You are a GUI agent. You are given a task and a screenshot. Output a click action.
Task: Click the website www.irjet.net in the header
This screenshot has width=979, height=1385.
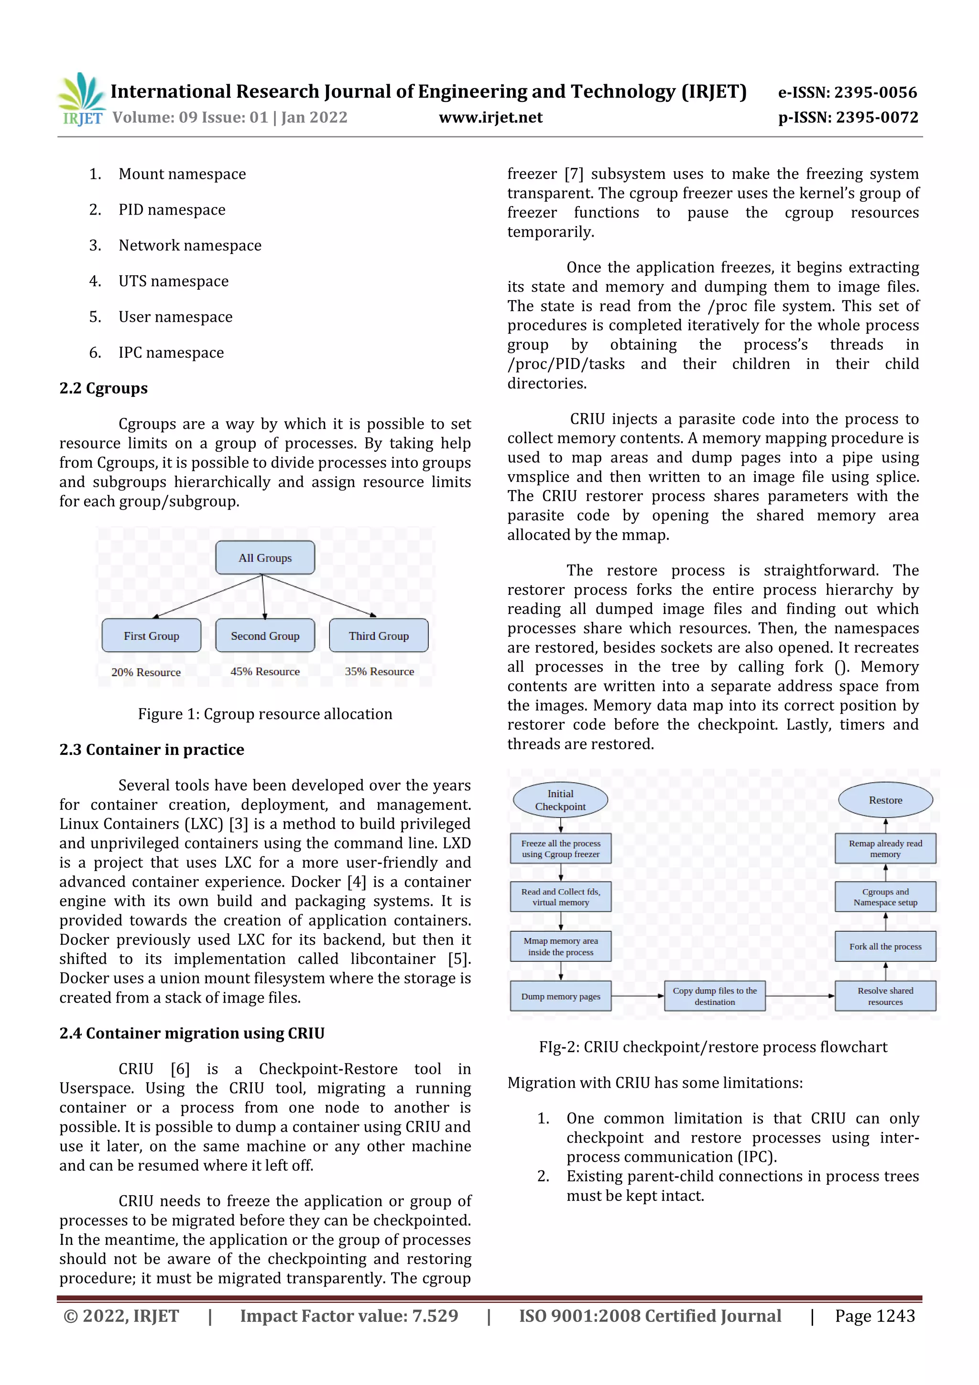tap(490, 117)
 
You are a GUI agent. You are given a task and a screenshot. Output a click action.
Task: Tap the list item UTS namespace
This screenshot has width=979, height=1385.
tap(173, 281)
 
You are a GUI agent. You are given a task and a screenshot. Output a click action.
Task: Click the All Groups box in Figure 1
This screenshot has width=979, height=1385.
tap(265, 557)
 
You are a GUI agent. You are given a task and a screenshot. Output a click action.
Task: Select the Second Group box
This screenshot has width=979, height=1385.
tap(265, 635)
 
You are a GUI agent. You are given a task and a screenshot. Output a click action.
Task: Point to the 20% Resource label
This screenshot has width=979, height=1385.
tap(146, 672)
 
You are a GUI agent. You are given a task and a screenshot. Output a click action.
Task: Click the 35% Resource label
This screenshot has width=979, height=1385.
tap(380, 671)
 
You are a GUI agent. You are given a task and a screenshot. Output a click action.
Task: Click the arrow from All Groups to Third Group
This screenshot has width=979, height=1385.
tap(320, 595)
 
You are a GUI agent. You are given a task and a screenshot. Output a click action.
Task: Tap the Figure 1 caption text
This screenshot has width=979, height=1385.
tap(265, 714)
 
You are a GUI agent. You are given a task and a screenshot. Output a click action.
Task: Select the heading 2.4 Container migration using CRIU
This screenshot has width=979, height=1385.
tap(192, 1033)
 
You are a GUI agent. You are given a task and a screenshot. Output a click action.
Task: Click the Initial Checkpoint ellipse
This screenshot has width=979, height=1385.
tap(560, 800)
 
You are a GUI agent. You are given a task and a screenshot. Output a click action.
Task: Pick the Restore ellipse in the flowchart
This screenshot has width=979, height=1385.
tap(885, 800)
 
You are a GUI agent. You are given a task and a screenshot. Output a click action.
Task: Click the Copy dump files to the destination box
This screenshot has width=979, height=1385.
tap(714, 996)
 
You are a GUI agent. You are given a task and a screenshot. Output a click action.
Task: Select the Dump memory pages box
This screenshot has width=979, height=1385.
tap(560, 996)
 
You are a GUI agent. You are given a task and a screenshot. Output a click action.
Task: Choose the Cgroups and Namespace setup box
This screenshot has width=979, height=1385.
tap(885, 897)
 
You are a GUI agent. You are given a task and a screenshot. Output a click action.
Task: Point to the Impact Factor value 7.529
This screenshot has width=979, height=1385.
tap(348, 1316)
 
